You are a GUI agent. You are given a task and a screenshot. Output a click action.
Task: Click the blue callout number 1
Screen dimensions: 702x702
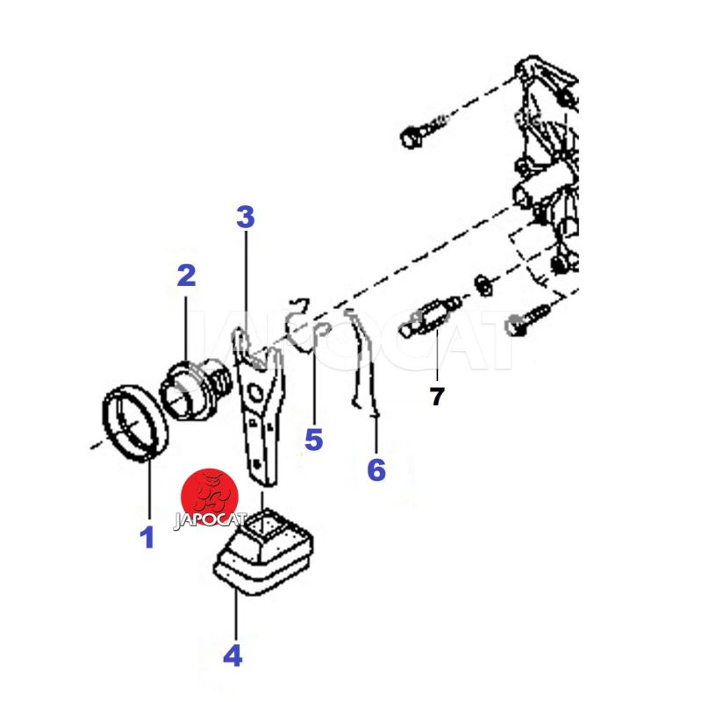click(x=147, y=537)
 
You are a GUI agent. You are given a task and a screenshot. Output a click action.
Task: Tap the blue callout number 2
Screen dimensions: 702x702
click(x=186, y=276)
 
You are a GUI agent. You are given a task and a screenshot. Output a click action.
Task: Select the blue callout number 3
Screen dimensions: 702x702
click(x=246, y=217)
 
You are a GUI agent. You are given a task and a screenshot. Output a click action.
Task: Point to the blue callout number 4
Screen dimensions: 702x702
click(x=233, y=655)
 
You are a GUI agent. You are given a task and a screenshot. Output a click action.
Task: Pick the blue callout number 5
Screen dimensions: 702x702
click(x=313, y=439)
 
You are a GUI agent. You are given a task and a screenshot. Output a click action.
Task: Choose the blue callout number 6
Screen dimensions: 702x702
click(x=376, y=469)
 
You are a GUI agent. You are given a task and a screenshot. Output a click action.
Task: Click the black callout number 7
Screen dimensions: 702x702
click(x=437, y=397)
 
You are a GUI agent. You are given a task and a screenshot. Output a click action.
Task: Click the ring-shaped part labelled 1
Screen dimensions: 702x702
click(x=135, y=422)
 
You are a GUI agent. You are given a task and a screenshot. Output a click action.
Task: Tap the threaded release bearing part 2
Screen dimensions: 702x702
click(x=196, y=389)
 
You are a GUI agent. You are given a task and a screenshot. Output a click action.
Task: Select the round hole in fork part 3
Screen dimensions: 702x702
click(x=255, y=393)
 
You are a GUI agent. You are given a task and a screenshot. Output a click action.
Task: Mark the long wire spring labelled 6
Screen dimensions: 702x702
click(x=362, y=362)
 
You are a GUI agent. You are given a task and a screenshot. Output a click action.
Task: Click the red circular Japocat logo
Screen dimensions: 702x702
click(x=210, y=496)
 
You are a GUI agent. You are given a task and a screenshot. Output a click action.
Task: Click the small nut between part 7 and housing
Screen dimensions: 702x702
click(x=483, y=285)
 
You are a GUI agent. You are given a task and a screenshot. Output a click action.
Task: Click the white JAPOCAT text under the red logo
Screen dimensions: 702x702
click(x=210, y=521)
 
